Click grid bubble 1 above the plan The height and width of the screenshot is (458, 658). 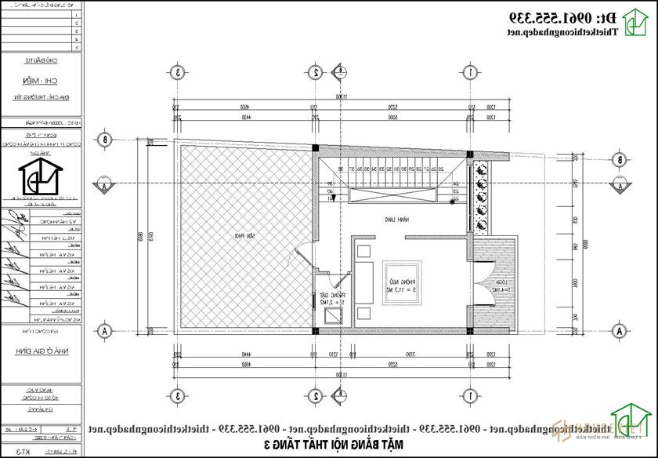pos(471,72)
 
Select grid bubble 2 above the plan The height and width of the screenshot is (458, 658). pos(316,72)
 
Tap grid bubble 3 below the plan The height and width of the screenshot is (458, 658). pos(179,394)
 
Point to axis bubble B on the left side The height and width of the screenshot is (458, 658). pos(103,140)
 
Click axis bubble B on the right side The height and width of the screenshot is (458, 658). pos(620,159)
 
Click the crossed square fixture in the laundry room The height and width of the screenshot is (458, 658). pos(332,317)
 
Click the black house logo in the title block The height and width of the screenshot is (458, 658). pos(40,182)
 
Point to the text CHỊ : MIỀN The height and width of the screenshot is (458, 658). pos(41,80)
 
